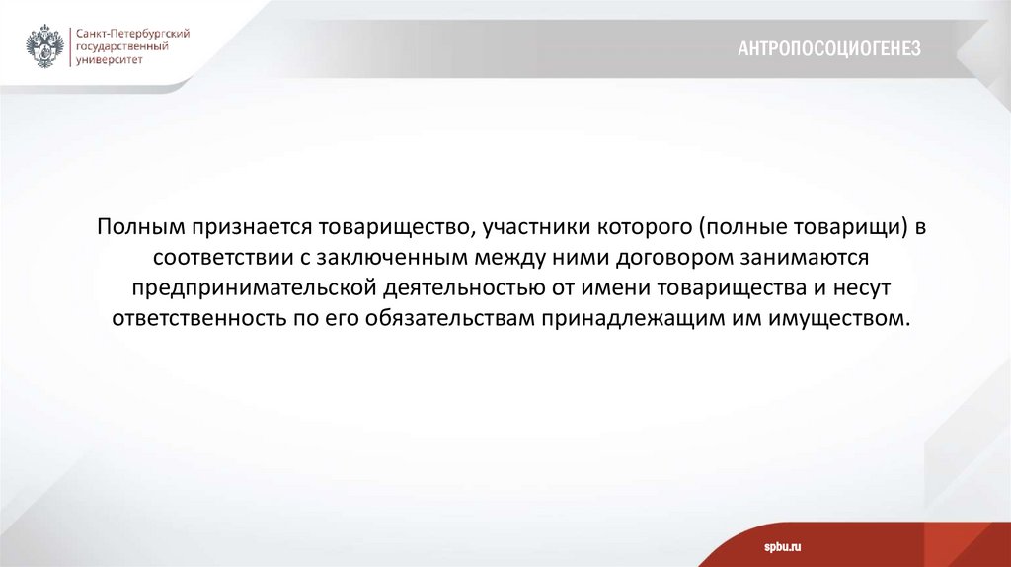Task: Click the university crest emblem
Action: (45, 46)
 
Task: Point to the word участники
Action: (534, 227)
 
